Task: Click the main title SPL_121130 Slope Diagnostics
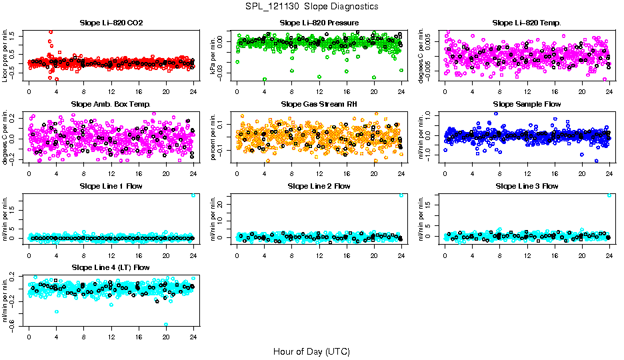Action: [311, 6]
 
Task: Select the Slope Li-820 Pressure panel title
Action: [319, 23]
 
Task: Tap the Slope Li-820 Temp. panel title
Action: [527, 23]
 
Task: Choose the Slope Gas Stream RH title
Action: [319, 104]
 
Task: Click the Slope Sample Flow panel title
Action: [527, 104]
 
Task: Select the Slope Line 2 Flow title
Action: [319, 186]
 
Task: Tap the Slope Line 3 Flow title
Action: [527, 186]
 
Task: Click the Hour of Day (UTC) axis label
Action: [311, 351]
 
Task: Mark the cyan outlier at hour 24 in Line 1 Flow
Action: [193, 195]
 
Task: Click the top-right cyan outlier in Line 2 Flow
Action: [401, 195]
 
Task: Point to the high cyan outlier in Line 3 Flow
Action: [609, 195]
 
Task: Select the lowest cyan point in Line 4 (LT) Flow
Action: [166, 324]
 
